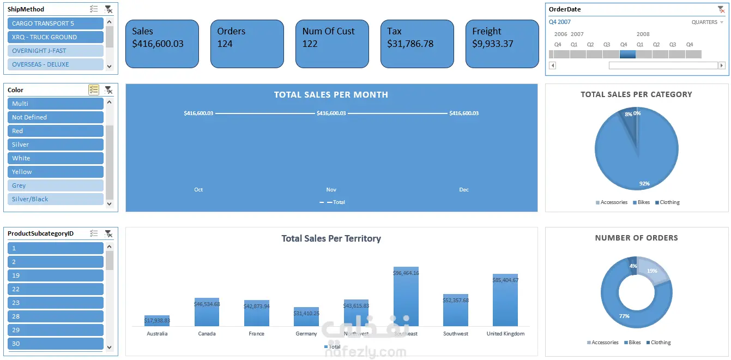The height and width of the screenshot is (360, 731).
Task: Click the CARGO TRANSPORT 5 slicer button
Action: (56, 23)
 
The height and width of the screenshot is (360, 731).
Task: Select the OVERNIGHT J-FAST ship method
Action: (56, 51)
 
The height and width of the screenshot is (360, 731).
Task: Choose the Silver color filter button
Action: (56, 145)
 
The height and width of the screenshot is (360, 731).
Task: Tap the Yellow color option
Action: (56, 172)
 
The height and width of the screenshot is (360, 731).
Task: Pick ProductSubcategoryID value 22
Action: (56, 289)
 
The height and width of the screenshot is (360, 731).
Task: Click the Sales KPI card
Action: (162, 44)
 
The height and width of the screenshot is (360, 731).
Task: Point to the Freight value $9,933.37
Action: (493, 44)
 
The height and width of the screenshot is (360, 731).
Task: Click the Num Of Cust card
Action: (332, 44)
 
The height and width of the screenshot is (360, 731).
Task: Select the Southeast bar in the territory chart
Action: (406, 297)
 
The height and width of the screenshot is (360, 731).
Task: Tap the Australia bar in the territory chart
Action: (157, 321)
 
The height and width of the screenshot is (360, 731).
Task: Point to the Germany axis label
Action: (306, 334)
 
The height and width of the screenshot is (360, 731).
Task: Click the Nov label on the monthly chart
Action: (331, 190)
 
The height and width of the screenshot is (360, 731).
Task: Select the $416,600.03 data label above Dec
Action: (464, 113)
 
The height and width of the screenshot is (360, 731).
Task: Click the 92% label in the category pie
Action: (644, 184)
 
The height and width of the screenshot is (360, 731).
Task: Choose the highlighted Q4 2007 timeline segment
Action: (627, 55)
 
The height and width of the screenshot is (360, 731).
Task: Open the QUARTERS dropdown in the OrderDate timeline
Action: (708, 22)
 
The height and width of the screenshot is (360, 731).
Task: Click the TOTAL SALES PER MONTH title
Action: (331, 95)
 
